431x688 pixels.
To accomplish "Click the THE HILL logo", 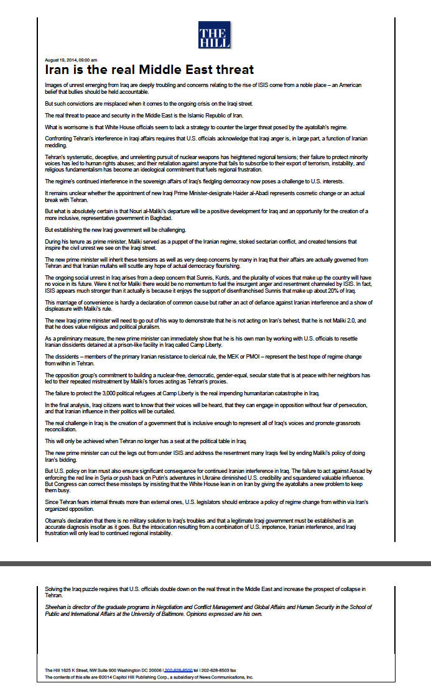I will pyautogui.click(x=215, y=35).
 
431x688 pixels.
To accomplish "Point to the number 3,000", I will pyautogui.click(x=102, y=393).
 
